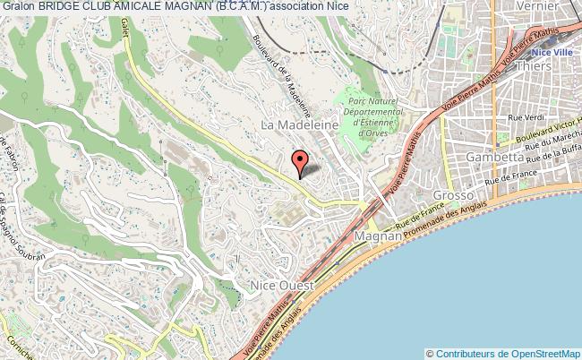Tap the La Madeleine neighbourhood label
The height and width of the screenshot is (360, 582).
tap(299, 126)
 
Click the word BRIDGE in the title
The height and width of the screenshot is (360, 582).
tap(64, 6)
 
